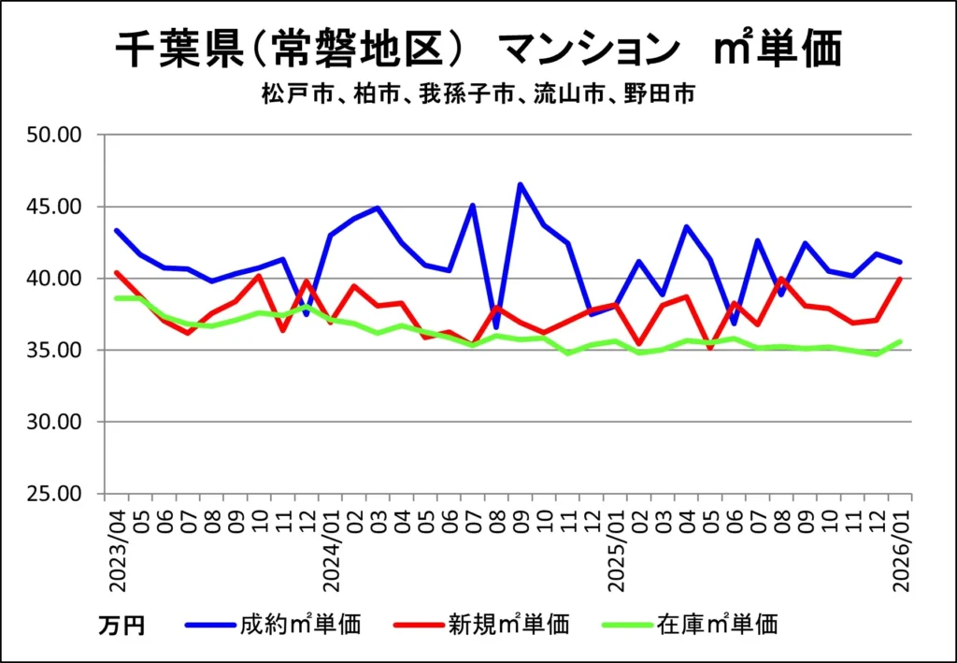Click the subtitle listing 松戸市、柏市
pos(477,94)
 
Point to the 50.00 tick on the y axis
pos(57,136)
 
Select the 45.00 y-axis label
pos(57,207)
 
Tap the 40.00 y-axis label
pos(57,279)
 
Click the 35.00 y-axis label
pos(57,351)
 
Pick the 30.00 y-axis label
pos(57,422)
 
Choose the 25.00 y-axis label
pos(57,494)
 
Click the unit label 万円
pos(121,625)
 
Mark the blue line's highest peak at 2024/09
pos(521,184)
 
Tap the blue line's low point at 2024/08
pos(496,326)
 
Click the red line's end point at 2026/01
pos(900,279)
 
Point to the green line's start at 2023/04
pos(117,298)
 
